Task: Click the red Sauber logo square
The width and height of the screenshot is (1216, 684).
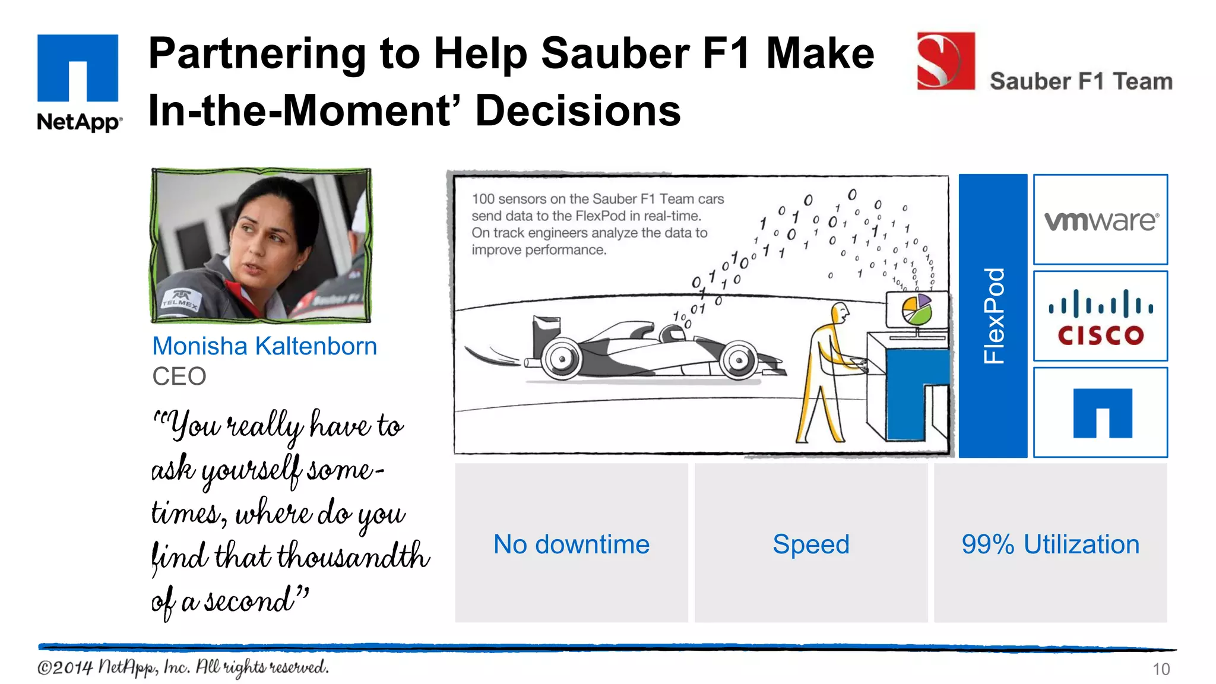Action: tap(946, 61)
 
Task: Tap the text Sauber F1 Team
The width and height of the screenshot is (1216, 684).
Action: tap(1081, 81)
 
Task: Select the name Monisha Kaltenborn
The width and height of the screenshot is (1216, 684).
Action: tap(264, 346)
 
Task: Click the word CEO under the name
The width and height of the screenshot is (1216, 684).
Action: tap(179, 376)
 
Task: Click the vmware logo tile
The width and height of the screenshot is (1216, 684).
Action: tap(1100, 220)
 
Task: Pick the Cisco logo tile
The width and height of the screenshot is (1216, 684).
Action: tap(1100, 316)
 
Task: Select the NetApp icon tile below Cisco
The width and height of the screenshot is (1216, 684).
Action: tap(1100, 413)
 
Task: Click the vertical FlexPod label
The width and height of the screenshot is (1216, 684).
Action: tap(993, 316)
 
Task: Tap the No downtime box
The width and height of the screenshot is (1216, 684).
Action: tap(571, 544)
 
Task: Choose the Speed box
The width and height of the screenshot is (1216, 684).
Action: tap(811, 544)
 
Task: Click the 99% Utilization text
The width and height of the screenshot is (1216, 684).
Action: tap(1050, 544)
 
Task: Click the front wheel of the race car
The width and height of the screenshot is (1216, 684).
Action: tap(739, 360)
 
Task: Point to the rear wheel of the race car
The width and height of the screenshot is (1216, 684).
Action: tap(560, 358)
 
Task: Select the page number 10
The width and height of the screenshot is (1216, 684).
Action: tap(1161, 669)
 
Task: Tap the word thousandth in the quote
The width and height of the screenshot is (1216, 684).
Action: tap(353, 557)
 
